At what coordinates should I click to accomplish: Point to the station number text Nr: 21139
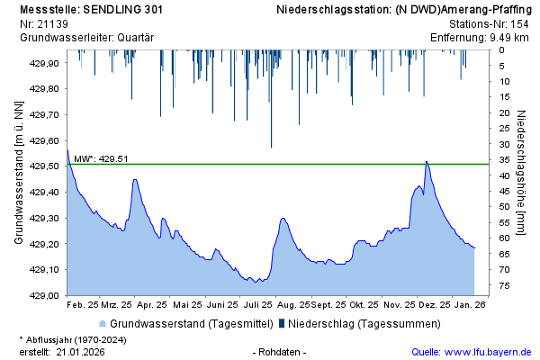click(x=42, y=23)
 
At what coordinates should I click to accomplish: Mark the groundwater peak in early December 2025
click(x=427, y=162)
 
